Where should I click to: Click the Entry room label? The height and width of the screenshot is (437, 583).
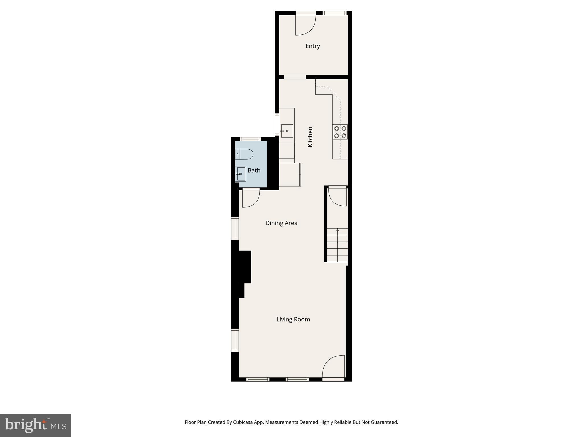[313, 46]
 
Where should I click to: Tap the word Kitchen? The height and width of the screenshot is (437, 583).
[310, 137]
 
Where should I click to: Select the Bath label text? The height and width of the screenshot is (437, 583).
[254, 170]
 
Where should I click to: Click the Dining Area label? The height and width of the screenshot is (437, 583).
[281, 223]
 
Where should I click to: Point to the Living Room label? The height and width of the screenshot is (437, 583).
[293, 319]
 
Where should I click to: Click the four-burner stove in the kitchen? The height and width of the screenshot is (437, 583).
[340, 132]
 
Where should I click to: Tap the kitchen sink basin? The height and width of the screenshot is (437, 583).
[287, 131]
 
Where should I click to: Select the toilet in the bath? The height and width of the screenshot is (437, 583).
[245, 154]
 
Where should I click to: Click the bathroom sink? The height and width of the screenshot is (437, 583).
[241, 174]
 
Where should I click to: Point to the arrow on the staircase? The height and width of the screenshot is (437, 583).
[337, 230]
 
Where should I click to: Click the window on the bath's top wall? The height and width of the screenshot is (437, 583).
[250, 139]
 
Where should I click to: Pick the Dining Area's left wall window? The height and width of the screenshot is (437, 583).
[235, 228]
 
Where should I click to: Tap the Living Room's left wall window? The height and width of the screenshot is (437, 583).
[235, 340]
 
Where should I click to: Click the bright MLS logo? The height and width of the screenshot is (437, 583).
[36, 425]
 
